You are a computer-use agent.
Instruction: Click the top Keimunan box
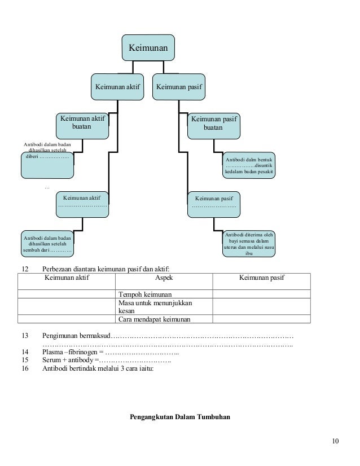(148, 47)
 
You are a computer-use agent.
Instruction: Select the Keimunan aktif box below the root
(117, 87)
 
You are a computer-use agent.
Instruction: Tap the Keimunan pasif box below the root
(179, 87)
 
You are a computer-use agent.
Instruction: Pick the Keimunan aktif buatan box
(82, 126)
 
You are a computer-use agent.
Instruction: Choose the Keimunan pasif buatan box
(214, 126)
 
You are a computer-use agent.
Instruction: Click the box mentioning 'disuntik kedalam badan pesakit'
(249, 165)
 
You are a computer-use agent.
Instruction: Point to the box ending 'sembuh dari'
(47, 244)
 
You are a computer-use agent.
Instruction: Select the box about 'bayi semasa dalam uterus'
(249, 244)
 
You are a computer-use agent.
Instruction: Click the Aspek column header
(164, 278)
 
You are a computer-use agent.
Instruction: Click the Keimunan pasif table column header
(262, 278)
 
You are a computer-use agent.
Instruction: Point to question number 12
(25, 269)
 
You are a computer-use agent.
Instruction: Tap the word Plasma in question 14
(52, 352)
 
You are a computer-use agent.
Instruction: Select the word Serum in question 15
(51, 360)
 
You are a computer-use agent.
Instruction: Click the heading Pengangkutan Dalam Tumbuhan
(180, 417)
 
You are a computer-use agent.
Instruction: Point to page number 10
(335, 441)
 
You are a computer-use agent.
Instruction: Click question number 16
(25, 368)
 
